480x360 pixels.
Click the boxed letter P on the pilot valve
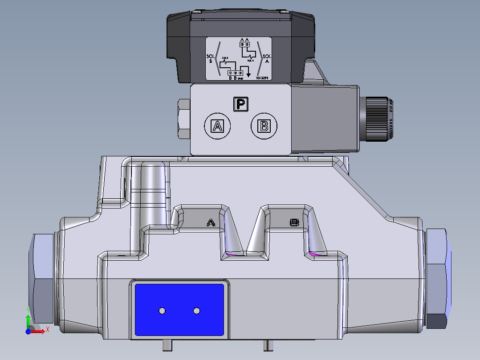pyautogui.click(x=241, y=104)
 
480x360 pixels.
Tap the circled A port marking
pyautogui.click(x=217, y=126)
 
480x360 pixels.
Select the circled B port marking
pyautogui.click(x=264, y=126)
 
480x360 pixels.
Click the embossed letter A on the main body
pyautogui.click(x=212, y=222)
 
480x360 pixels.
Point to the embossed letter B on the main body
pyautogui.click(x=294, y=222)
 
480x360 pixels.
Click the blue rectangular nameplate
pyautogui.click(x=179, y=309)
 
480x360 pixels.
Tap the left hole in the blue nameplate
pyautogui.click(x=162, y=310)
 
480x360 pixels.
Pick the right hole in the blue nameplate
pyautogui.click(x=196, y=310)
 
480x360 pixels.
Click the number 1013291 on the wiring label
pyautogui.click(x=262, y=78)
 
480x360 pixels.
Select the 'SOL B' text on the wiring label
pyautogui.click(x=211, y=59)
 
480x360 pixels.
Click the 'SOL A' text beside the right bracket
pyautogui.click(x=267, y=59)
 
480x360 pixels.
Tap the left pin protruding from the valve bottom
pyautogui.click(x=167, y=345)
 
